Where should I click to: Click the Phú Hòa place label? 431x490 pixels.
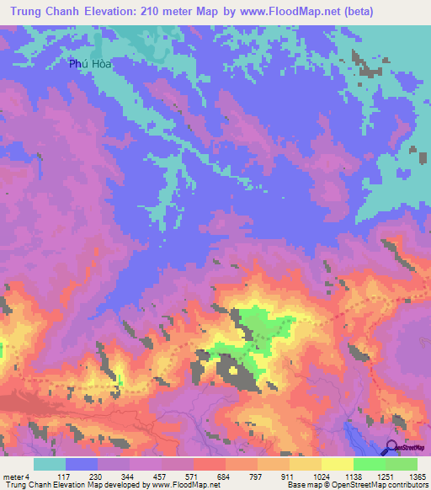tap(90, 64)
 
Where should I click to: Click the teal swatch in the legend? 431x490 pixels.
tap(50, 464)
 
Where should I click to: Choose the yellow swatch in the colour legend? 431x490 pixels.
tap(337, 464)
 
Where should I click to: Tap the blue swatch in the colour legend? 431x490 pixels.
tap(82, 464)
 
